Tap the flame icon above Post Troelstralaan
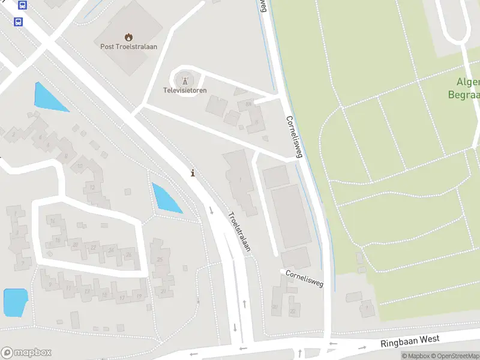click(x=128, y=37)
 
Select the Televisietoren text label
click(x=185, y=91)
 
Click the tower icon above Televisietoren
click(x=185, y=79)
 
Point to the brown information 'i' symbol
click(x=193, y=173)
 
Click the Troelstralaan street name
click(x=239, y=231)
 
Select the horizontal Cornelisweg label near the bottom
click(x=304, y=278)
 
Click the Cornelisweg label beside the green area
click(x=294, y=137)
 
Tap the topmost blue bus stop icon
click(x=23, y=5)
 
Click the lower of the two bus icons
click(x=18, y=22)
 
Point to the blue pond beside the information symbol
click(x=166, y=199)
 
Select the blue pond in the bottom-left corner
click(x=16, y=302)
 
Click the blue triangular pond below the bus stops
click(x=49, y=98)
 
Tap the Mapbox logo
click(x=26, y=353)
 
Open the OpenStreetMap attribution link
click(x=455, y=356)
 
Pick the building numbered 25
click(x=160, y=259)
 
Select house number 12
click(x=91, y=188)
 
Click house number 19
click(x=139, y=296)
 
